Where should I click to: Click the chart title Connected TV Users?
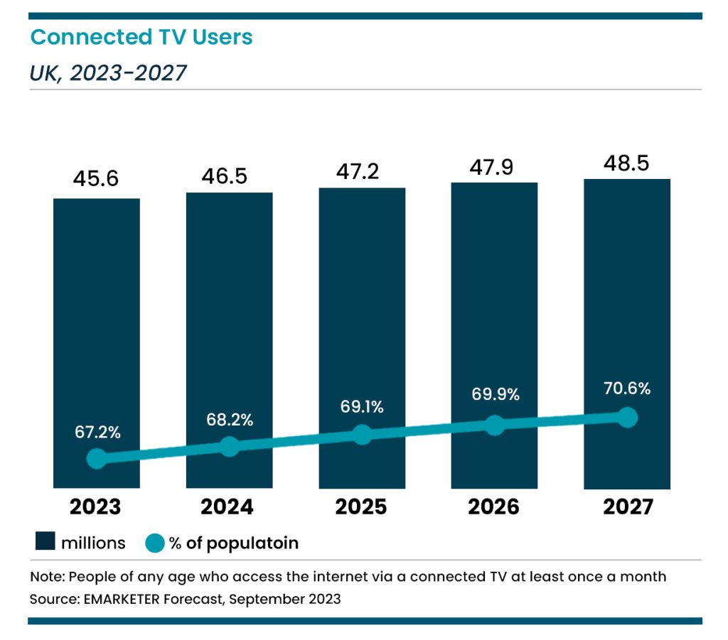[x=141, y=37]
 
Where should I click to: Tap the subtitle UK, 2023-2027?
[x=108, y=72]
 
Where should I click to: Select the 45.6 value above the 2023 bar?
[x=96, y=180]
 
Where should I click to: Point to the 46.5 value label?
[x=229, y=175]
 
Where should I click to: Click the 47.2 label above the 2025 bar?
[x=361, y=170]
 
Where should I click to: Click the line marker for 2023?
[x=97, y=459]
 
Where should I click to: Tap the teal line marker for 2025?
[x=362, y=435]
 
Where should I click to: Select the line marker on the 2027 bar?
[x=627, y=417]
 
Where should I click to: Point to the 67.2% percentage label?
[x=97, y=432]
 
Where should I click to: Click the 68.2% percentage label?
[x=229, y=420]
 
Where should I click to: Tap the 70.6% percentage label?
[x=626, y=389]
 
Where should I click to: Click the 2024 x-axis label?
[x=227, y=507]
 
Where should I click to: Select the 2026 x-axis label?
[x=493, y=507]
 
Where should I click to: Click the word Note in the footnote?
[x=44, y=576]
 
